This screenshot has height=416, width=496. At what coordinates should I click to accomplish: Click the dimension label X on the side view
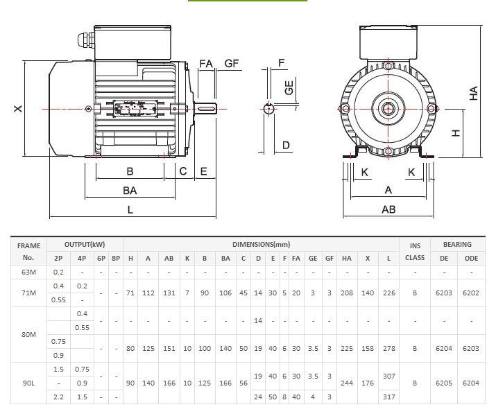coord(19,108)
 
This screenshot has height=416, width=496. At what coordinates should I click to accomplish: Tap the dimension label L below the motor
coord(130,210)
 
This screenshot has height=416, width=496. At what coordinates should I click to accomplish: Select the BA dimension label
coord(130,190)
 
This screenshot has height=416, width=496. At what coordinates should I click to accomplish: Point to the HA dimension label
coord(474,94)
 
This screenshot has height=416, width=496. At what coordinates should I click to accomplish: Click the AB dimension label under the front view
coord(388,209)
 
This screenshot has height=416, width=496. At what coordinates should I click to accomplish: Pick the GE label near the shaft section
coord(289,87)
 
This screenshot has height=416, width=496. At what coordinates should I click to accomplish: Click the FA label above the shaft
coord(206,63)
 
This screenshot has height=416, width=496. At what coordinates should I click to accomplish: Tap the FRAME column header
coord(29,245)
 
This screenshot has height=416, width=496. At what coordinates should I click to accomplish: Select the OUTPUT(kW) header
coord(85,245)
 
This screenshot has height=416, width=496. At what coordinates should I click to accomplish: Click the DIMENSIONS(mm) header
coord(261,245)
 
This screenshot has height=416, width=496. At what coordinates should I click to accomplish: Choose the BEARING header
coord(456,245)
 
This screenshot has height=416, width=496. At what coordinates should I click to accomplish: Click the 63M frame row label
coord(29,272)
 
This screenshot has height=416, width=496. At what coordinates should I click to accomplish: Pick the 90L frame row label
coord(29,382)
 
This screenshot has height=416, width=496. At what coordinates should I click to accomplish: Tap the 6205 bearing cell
coord(443,382)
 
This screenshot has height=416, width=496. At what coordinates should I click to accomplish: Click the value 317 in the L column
coord(388,397)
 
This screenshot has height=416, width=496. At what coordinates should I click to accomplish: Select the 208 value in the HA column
coord(347,293)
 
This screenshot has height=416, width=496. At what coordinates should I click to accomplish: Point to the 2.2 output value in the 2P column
coord(58,397)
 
